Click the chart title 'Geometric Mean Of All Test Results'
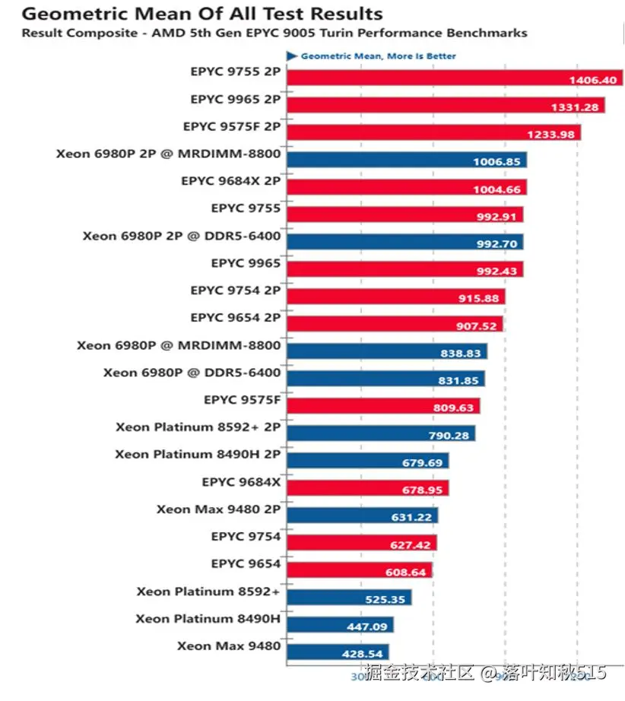pyautogui.click(x=202, y=14)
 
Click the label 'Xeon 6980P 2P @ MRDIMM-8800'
pyautogui.click(x=168, y=154)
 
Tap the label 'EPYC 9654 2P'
pyautogui.click(x=235, y=318)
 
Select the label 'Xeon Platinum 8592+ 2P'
pyautogui.click(x=198, y=427)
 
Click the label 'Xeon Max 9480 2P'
pyautogui.click(x=218, y=509)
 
